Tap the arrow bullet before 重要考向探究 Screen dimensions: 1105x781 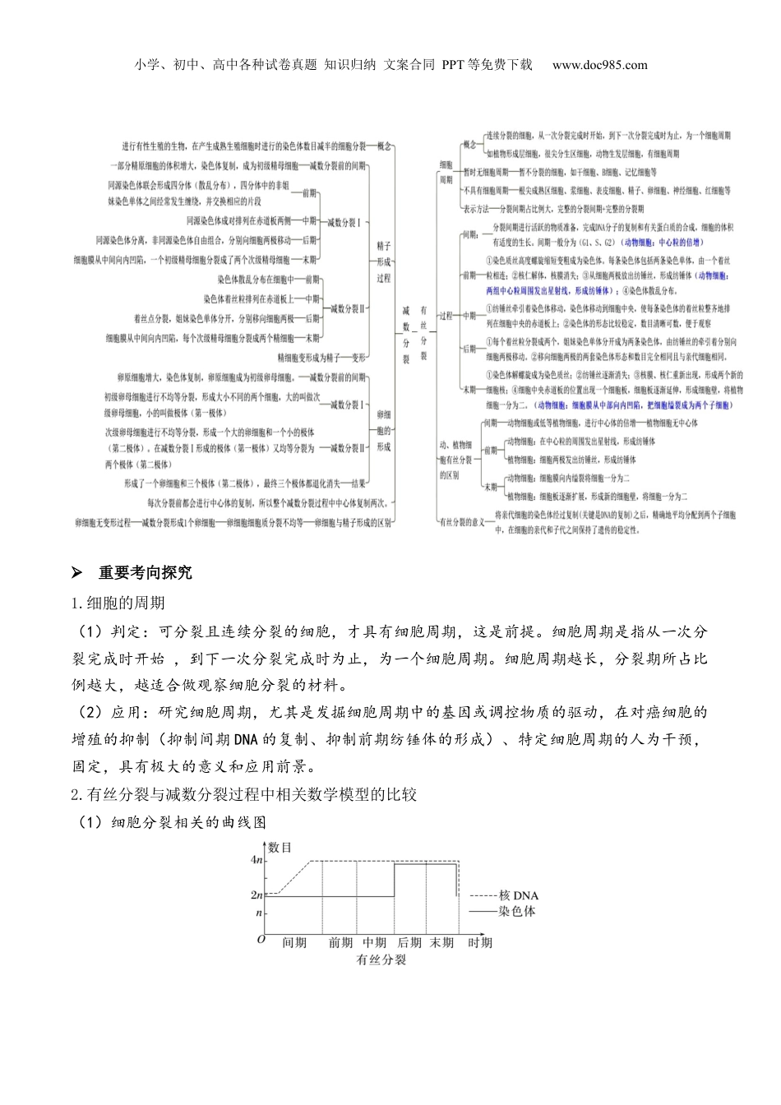[x=78, y=572]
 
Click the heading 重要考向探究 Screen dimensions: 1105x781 [x=146, y=572]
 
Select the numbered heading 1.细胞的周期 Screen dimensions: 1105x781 [x=118, y=603]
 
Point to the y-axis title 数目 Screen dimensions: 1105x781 [x=280, y=847]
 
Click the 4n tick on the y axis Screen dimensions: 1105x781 [x=256, y=860]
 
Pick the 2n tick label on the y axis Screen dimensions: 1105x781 [x=256, y=895]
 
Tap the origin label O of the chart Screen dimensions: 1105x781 [x=261, y=939]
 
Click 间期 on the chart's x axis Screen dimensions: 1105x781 [x=293, y=942]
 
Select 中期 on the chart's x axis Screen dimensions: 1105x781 [x=374, y=942]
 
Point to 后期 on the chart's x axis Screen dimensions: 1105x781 [x=409, y=942]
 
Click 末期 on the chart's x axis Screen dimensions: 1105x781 [x=441, y=942]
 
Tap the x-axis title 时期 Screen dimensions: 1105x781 [x=480, y=942]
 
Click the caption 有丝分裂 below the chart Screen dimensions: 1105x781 [x=381, y=959]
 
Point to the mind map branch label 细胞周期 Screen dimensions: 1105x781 [x=446, y=172]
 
